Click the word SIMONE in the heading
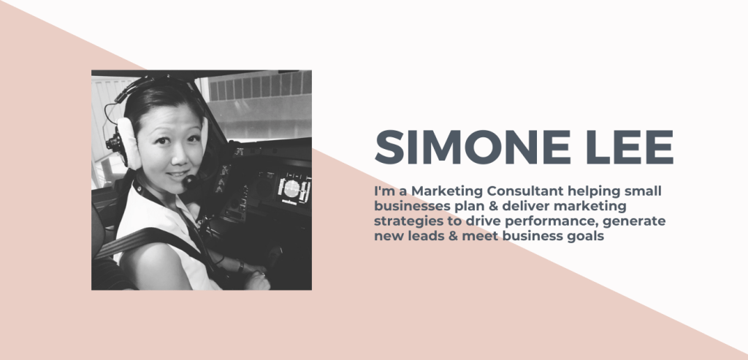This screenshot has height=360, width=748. (473, 147)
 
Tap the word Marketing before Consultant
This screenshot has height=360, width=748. (447, 191)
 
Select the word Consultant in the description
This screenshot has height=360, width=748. (524, 191)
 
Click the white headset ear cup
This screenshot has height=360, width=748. (129, 143)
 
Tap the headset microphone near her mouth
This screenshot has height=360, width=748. (189, 180)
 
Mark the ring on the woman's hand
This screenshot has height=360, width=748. (263, 274)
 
